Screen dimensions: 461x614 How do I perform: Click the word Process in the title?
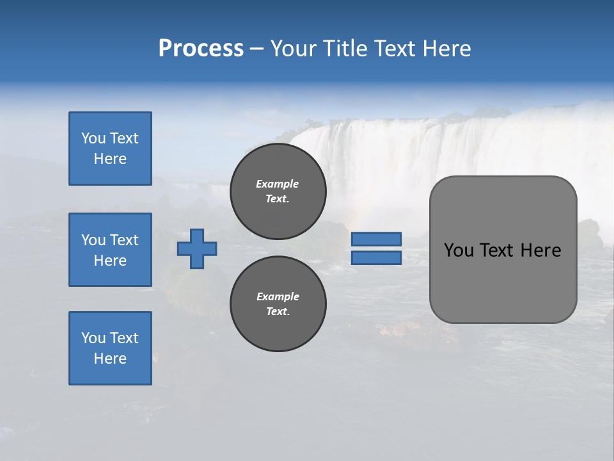(x=201, y=49)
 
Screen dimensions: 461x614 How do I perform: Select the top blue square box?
(x=110, y=149)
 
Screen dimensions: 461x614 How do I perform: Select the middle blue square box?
(x=110, y=250)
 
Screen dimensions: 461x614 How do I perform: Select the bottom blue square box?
(x=110, y=348)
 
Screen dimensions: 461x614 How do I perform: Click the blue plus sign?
(x=197, y=248)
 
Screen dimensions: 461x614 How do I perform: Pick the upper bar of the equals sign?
(x=376, y=239)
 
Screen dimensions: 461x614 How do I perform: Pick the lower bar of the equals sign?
(x=376, y=258)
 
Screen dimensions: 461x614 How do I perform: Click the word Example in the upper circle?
(x=278, y=184)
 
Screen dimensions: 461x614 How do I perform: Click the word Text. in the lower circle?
(x=278, y=312)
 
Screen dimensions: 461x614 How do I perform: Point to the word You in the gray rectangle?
(x=459, y=250)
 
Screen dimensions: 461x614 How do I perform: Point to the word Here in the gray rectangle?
(x=540, y=250)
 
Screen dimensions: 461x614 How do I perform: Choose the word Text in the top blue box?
(x=124, y=138)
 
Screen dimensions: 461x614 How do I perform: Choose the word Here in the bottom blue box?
(x=110, y=359)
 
